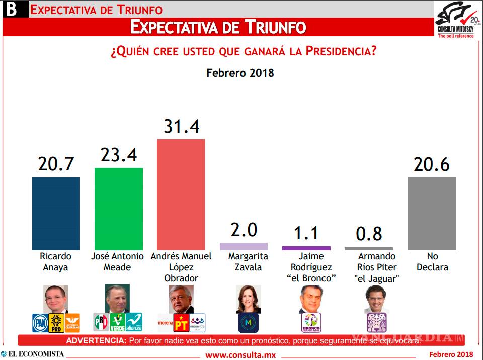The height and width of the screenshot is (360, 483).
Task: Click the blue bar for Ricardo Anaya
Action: [x=56, y=213]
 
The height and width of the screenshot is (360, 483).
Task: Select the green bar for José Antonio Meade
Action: [x=119, y=208]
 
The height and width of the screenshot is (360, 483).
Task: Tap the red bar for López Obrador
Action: [x=181, y=194]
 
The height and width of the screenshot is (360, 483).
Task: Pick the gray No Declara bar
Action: [x=432, y=213]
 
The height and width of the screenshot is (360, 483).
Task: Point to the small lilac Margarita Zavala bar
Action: [x=244, y=246]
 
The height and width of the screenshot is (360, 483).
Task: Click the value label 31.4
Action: [x=181, y=126]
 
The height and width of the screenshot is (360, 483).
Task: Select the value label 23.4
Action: [x=119, y=155]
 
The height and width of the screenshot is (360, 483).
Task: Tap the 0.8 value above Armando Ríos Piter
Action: [x=369, y=234]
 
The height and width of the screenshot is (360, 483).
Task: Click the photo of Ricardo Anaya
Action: [x=56, y=298]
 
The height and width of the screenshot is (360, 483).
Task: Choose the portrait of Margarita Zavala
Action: [x=248, y=298]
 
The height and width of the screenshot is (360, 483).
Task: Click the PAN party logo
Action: [x=40, y=322]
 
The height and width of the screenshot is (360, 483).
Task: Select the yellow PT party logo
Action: [x=181, y=322]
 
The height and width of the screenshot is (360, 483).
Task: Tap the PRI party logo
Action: [x=101, y=321]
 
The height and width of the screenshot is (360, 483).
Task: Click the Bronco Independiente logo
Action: [x=310, y=323]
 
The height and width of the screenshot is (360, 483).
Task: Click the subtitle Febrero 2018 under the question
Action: [x=240, y=73]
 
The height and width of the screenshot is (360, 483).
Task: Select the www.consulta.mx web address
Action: [x=240, y=355]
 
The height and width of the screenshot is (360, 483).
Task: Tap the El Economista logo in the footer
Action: [x=33, y=354]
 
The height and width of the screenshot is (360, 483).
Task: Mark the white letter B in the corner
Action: [x=11, y=9]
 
